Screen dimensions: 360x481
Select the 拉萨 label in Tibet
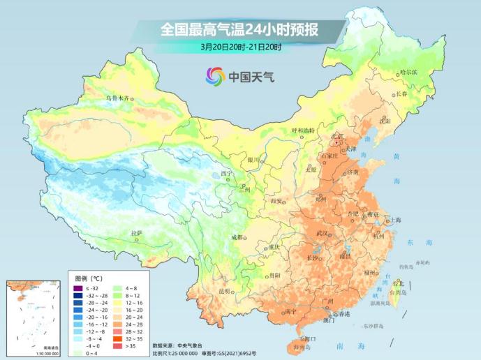pyautogui.click(x=136, y=232)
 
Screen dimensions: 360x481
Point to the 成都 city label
pyautogui.click(x=239, y=237)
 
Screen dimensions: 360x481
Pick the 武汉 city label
pyautogui.click(x=322, y=232)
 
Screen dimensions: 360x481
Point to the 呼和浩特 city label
pyautogui.click(x=303, y=130)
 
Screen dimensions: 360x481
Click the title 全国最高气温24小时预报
pyautogui.click(x=239, y=29)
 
